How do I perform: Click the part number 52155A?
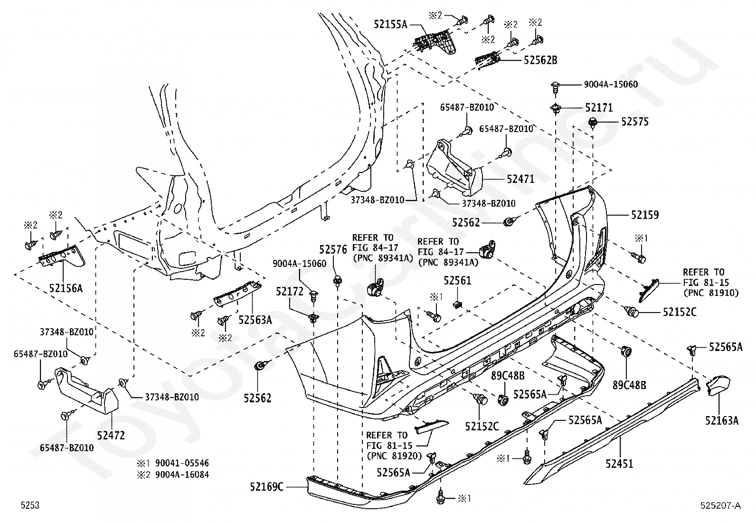tap(390, 24)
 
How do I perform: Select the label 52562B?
tap(540, 60)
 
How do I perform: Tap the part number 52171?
tap(599, 108)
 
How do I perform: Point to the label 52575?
tap(635, 122)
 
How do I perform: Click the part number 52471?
tap(521, 179)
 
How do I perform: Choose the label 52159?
tap(645, 215)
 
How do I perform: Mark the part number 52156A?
tap(66, 288)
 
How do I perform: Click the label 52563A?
tap(255, 320)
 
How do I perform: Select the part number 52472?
tap(111, 436)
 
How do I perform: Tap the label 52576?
tap(333, 249)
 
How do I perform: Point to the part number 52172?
tap(290, 291)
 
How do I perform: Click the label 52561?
tap(457, 281)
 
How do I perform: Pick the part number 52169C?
tap(266, 487)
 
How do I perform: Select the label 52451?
tap(619, 464)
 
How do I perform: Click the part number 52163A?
tap(722, 420)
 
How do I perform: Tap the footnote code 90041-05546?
tap(182, 463)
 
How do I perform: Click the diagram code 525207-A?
tap(720, 505)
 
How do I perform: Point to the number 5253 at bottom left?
tap(30, 505)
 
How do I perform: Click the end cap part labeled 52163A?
tap(718, 385)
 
